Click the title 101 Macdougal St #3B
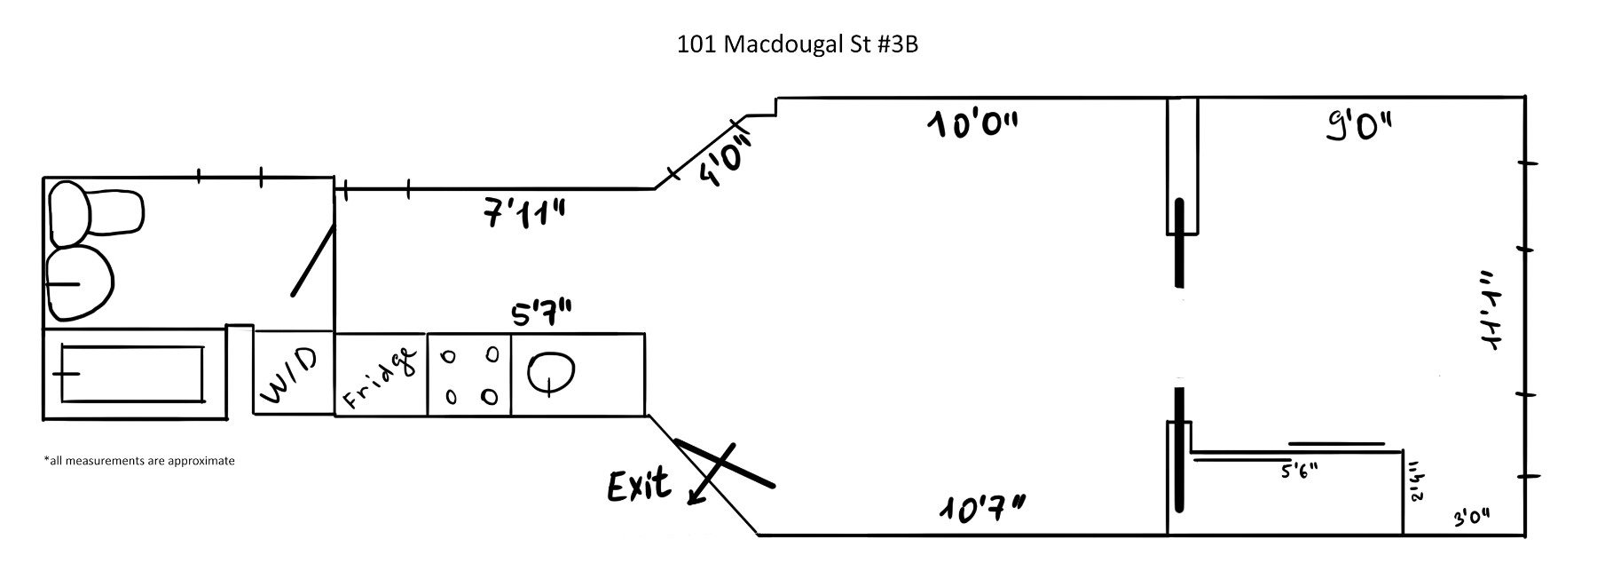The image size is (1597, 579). point(797,44)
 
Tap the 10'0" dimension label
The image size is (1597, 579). point(972,124)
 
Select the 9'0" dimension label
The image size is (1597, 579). point(1359,127)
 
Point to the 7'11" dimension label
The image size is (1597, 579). point(525,214)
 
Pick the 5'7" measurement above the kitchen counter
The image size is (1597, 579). point(540,314)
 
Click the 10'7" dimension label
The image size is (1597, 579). point(982,510)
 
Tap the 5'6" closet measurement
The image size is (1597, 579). point(1299,471)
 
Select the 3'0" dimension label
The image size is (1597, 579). point(1471,518)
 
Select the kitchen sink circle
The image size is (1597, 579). point(551,372)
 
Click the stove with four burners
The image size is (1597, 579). point(469,374)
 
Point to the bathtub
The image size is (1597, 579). point(131,374)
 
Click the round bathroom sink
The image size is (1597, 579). point(80,283)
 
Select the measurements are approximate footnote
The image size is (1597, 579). point(138,461)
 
